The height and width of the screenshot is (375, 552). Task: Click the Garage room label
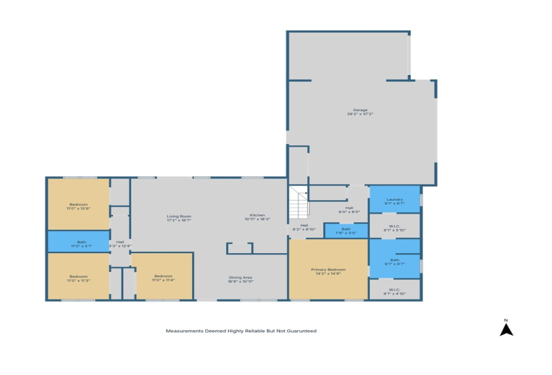tap(360, 110)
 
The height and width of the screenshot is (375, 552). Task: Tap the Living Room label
tap(179, 216)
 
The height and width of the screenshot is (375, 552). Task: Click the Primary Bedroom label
tap(328, 269)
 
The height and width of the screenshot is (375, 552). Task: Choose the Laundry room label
tap(395, 199)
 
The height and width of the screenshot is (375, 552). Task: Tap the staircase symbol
tap(298, 204)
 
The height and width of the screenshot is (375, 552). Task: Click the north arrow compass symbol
tap(507, 329)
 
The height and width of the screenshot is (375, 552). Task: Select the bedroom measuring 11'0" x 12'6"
tap(78, 206)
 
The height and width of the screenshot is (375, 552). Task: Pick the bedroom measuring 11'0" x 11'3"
tap(78, 278)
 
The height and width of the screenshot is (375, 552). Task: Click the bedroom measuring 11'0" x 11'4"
tap(163, 278)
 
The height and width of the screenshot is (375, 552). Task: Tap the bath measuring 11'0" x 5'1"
tap(78, 244)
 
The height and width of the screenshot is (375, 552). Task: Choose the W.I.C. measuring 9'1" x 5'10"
tap(395, 228)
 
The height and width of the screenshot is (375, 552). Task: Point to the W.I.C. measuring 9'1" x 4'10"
tap(395, 291)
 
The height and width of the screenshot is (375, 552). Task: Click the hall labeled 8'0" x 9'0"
tap(349, 210)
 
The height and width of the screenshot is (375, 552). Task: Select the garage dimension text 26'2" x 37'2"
tap(360, 115)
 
